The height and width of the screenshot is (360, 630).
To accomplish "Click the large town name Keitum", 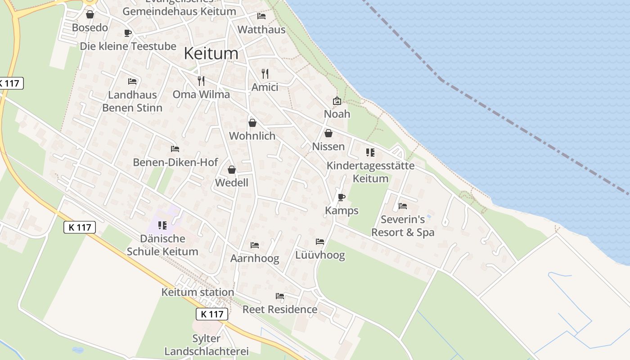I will click(x=211, y=54).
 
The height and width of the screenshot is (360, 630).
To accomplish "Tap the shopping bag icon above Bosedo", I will click(x=90, y=14).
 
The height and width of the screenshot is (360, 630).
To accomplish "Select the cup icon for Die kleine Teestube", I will click(x=128, y=33).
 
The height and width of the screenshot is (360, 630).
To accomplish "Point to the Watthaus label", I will click(x=261, y=30).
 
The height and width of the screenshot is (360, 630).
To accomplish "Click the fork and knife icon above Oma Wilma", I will click(x=201, y=81).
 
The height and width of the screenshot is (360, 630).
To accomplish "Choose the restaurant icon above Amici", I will click(x=265, y=73).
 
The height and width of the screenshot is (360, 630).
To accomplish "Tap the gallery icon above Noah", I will click(x=337, y=101).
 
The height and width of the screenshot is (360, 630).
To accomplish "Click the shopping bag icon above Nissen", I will click(x=328, y=133).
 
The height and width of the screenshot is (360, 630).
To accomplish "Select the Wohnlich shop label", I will click(x=252, y=135).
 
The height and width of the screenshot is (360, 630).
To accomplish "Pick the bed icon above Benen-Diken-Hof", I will click(x=175, y=149).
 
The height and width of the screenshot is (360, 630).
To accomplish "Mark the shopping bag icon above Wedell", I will click(x=232, y=170).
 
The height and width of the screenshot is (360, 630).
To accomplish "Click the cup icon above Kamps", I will click(x=342, y=197).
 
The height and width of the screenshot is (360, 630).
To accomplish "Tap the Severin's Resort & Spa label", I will click(x=403, y=226).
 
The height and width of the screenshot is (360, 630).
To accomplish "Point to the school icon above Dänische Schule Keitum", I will click(x=162, y=225).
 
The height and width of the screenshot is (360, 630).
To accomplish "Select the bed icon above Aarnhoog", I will click(x=255, y=245).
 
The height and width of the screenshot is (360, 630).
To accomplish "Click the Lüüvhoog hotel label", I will click(x=320, y=255).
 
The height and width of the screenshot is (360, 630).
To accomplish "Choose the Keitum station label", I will click(x=198, y=292).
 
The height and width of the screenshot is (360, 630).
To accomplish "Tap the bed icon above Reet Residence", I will click(x=280, y=296).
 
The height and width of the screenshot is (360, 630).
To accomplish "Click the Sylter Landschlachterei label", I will click(x=207, y=345).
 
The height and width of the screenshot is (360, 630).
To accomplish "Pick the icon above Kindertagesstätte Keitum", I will click(x=370, y=153).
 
